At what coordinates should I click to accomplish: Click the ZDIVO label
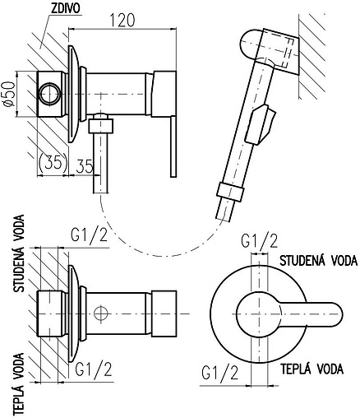66,8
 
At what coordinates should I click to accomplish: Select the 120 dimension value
122,20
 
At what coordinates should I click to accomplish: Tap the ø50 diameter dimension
9,94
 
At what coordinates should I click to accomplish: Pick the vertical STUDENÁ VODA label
19,253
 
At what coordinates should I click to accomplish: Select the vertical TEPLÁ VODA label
19,383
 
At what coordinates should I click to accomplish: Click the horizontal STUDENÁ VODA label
318,261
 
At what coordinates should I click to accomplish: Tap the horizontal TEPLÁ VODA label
312,369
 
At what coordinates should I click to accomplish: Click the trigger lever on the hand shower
261,124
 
